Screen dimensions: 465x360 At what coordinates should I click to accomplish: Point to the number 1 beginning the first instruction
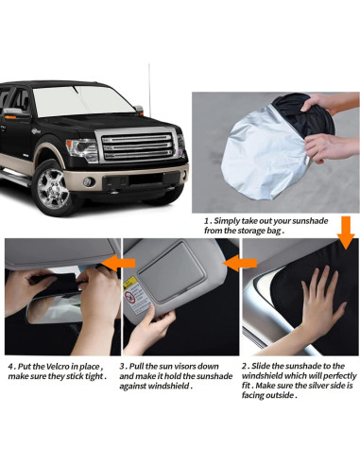click(x=207, y=218)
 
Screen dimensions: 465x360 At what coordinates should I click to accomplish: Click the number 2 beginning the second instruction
click(x=244, y=366)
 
